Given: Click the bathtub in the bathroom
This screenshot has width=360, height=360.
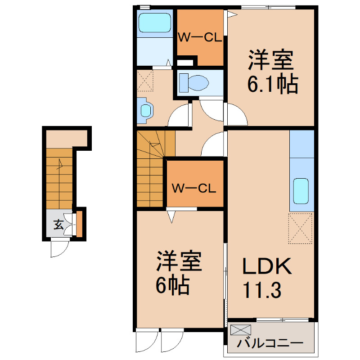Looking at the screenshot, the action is click(155, 22).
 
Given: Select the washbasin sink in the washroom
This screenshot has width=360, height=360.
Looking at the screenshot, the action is click(145, 110).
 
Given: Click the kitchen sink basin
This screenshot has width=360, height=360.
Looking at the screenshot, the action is click(301, 191).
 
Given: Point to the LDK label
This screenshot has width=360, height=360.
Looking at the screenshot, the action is click(267, 266).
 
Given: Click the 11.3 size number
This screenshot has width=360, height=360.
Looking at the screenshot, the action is click(262, 290).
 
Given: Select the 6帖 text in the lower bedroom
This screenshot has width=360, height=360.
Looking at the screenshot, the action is click(173, 285).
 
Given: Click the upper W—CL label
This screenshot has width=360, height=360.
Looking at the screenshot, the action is click(200, 37).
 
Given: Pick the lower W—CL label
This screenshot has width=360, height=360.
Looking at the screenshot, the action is click(194, 189).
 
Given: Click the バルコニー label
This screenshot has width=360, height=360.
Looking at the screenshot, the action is click(270, 343).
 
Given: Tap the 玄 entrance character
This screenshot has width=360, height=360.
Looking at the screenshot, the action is click(58, 225).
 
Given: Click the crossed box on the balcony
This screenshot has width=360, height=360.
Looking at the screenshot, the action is click(241, 330).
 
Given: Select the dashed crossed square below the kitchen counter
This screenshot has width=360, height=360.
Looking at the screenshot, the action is click(300, 228).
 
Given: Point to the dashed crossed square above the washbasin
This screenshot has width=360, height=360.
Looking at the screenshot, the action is click(145, 81).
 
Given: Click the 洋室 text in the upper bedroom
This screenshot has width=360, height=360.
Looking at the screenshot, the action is click(271, 59).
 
